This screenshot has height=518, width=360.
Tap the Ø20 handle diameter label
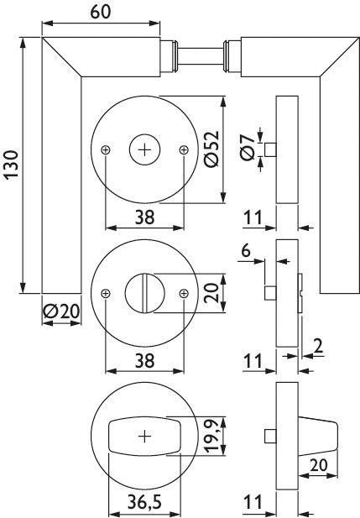tap(60, 311)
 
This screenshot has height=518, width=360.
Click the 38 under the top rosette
tap(143, 216)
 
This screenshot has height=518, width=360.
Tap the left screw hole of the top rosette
tap(105, 149)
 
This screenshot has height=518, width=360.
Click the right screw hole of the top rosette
tap(184, 149)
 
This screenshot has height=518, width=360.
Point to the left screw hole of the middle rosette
tap(105, 293)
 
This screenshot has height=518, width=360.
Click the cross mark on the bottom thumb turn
tap(144, 437)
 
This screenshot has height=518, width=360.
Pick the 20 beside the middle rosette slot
tap(211, 293)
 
